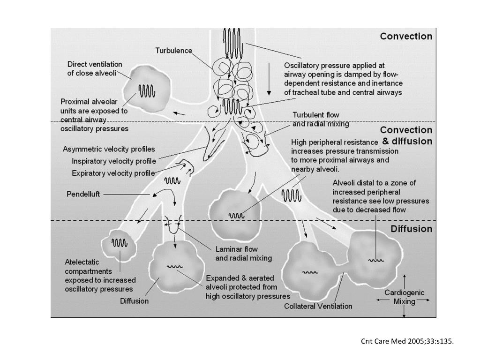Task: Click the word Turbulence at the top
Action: (174, 51)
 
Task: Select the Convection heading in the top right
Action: (406, 37)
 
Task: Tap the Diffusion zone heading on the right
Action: (411, 229)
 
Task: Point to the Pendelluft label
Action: (83, 194)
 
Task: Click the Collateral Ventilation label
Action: (318, 307)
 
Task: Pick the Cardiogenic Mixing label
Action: (404, 297)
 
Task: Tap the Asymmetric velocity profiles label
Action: (109, 150)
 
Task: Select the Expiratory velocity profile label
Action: (113, 173)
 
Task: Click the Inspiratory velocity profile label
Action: (113, 161)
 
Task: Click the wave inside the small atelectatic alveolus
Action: (119, 242)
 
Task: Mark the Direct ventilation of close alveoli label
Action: (94, 69)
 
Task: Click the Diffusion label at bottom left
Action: (134, 301)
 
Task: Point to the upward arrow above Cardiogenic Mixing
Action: (404, 280)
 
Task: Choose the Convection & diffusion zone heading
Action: (406, 135)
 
